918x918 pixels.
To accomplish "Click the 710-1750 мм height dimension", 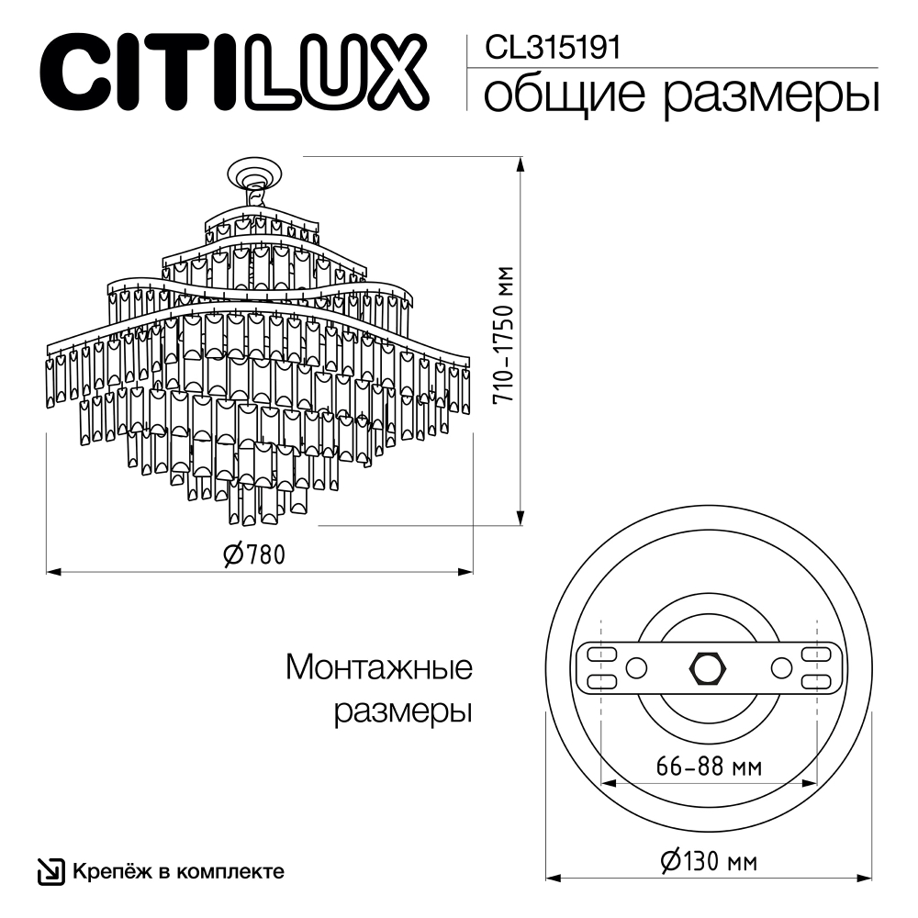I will click(x=501, y=338).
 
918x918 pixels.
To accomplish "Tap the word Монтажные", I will click(x=379, y=667).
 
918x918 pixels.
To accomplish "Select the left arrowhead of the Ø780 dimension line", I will click(x=53, y=573).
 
